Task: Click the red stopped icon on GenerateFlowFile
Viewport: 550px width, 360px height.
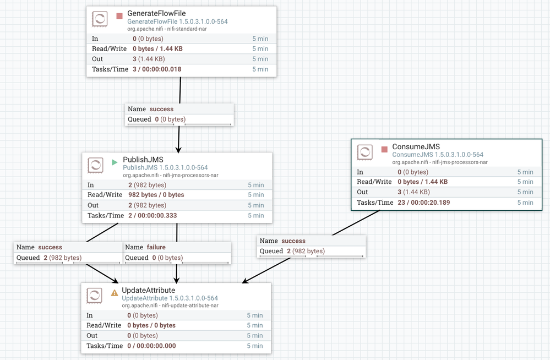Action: pos(119,16)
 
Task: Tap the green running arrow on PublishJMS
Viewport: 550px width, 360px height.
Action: pos(115,162)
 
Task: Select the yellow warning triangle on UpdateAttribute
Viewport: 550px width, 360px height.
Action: pos(115,293)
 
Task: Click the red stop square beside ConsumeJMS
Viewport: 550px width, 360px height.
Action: pos(384,149)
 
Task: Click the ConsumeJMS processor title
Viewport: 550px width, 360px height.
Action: pos(416,147)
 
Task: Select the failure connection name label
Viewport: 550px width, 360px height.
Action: pos(156,247)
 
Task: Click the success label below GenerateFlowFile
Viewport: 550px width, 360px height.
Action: pos(161,109)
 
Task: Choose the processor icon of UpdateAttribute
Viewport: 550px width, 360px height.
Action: pos(95,296)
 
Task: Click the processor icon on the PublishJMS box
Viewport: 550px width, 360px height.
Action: pos(95,166)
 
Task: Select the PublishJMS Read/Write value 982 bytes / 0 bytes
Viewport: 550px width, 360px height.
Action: pos(156,195)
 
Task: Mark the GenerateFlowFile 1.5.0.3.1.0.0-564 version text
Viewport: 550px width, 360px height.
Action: pos(177,21)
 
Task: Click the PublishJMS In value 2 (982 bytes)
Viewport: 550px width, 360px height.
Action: pos(147,185)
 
